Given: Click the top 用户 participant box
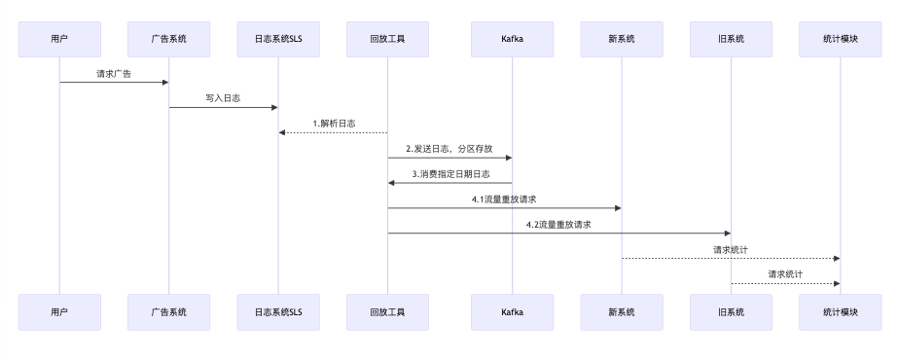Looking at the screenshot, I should [59, 39].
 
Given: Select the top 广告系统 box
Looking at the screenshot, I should [168, 39].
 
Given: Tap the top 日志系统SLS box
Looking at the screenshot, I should [278, 39].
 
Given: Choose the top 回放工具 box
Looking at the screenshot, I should [387, 39].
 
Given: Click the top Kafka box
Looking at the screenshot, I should [512, 39].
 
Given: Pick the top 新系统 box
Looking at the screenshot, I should [621, 39].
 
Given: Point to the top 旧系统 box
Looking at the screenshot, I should [731, 39].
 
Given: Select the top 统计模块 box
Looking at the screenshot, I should [840, 39].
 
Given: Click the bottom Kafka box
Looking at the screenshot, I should [512, 312].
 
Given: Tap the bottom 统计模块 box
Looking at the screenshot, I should [840, 312].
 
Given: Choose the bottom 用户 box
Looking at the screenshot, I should [59, 312].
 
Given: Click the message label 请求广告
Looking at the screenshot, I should [114, 73].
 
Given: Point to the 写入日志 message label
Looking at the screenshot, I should [223, 98].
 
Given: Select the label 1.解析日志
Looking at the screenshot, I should [334, 124].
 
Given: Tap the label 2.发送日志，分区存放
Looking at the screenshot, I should [449, 149].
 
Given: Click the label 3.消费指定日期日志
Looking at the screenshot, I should [449, 174].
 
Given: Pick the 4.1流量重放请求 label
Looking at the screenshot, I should [504, 199].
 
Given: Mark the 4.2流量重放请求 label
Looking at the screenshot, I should [559, 225].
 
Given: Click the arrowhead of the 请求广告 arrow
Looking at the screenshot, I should [164, 83].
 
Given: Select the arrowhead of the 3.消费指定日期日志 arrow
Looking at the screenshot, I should [392, 183].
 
